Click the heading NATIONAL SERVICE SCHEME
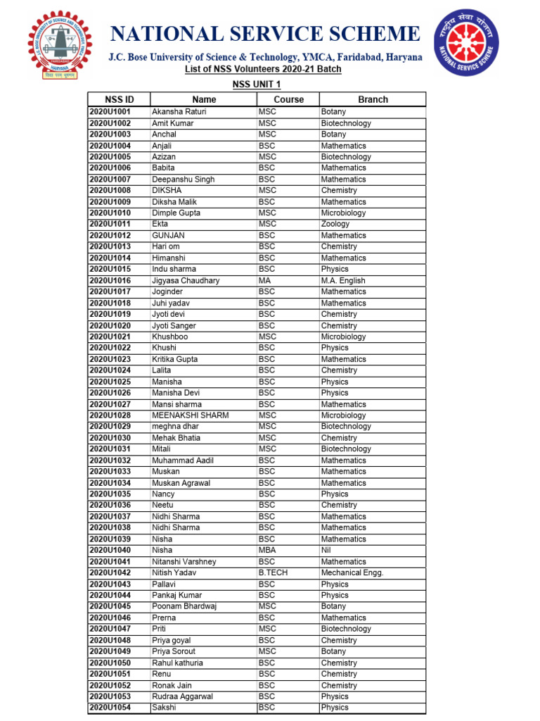265,34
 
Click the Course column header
288,99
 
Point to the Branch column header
373,99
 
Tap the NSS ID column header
119,99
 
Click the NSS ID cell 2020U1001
110,112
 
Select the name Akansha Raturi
179,112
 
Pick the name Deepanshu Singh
184,180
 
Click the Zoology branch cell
335,224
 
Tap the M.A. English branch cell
343,280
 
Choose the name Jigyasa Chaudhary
186,280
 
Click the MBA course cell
267,550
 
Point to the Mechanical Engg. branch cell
352,572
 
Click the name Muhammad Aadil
183,460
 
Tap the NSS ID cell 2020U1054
110,708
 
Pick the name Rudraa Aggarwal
182,696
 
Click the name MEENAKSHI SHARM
190,415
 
